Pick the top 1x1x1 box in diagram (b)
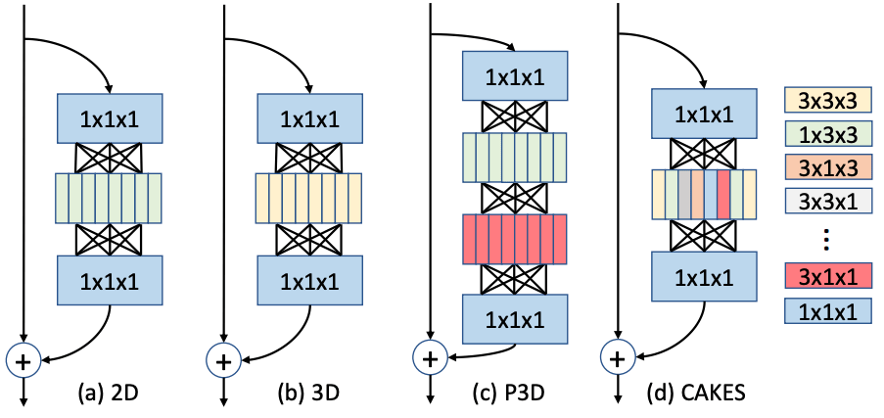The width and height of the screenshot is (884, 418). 309,118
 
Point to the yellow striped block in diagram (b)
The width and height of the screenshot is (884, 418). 309,200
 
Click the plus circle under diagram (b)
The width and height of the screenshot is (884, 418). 224,360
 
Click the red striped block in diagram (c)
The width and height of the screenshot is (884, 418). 515,239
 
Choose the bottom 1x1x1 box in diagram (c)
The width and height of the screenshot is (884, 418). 515,318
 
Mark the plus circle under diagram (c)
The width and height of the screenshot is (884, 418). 428,359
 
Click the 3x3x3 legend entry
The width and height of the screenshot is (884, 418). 827,99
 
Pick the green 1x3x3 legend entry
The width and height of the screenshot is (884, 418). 827,133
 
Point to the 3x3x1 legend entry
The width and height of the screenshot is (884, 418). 827,202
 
